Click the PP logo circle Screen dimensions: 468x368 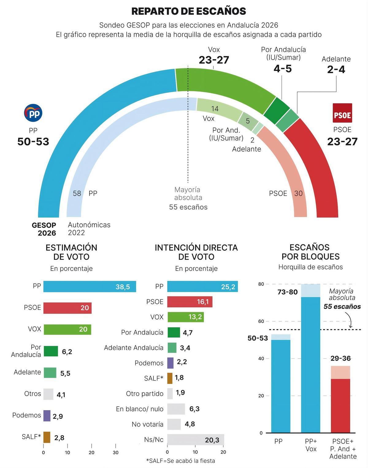pyautogui.click(x=33, y=113)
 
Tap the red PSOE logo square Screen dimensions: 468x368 pyautogui.click(x=342, y=113)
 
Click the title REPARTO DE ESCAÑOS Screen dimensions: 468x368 pyautogui.click(x=189, y=11)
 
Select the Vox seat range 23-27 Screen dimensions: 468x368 pyautogui.click(x=214, y=60)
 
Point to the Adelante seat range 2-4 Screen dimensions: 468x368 pyautogui.click(x=336, y=70)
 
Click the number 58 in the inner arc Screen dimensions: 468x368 pyautogui.click(x=77, y=193)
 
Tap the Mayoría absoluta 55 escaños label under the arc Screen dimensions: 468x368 pyautogui.click(x=188, y=198)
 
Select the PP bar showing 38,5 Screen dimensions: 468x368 pyautogui.click(x=90, y=286)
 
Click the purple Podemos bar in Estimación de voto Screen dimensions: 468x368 pyautogui.click(x=47, y=416)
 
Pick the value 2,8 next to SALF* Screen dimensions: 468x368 pyautogui.click(x=59, y=438)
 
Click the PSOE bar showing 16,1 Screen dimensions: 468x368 pyautogui.click(x=190, y=302)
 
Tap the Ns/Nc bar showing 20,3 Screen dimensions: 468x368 pyautogui.click(x=195, y=440)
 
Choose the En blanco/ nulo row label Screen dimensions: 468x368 pyautogui.click(x=140, y=409)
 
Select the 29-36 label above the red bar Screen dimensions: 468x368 pyautogui.click(x=340, y=358)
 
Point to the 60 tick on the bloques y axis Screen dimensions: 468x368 pyautogui.click(x=261, y=321)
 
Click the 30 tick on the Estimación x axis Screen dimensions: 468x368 pyautogui.click(x=116, y=452)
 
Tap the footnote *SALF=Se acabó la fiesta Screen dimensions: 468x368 pyautogui.click(x=180, y=461)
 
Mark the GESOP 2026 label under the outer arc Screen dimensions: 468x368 pyautogui.click(x=44, y=229)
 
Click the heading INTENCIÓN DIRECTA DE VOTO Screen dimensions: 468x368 pyautogui.click(x=196, y=252)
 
